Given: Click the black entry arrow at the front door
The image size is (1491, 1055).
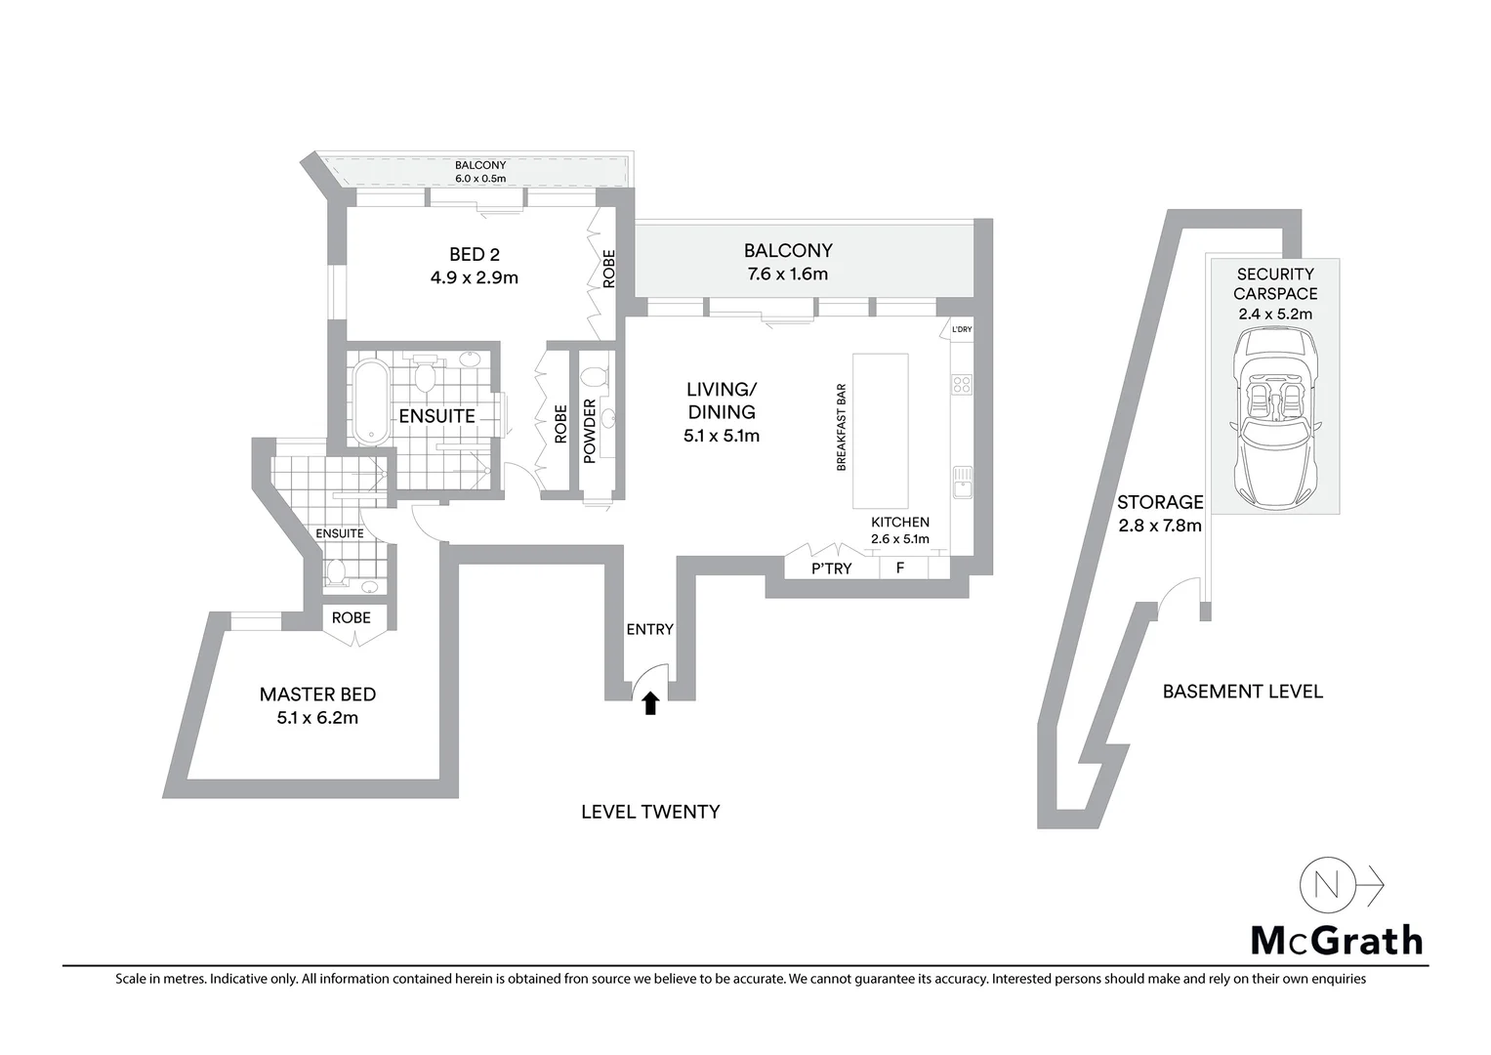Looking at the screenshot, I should [x=650, y=702].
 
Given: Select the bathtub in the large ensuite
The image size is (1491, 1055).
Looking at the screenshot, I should [x=369, y=402].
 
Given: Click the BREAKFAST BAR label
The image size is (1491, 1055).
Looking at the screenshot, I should [x=841, y=428].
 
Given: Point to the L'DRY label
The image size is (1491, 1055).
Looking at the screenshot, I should [x=962, y=330].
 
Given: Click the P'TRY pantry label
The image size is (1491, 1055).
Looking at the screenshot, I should [x=832, y=568].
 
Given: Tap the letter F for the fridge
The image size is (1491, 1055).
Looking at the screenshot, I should [x=900, y=568].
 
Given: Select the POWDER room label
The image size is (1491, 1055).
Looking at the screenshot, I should [x=590, y=431].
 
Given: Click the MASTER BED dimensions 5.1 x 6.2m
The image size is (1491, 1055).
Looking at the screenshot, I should [x=317, y=718].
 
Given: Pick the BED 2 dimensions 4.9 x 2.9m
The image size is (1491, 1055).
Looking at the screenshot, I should [x=475, y=277].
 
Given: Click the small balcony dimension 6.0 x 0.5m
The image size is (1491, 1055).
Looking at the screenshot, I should [x=480, y=179].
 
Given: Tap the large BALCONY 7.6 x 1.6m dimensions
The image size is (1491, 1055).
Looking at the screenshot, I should [x=787, y=274].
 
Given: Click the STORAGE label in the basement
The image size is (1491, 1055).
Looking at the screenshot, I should [x=1160, y=502].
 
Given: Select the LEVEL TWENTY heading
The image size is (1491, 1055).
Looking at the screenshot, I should [x=650, y=812].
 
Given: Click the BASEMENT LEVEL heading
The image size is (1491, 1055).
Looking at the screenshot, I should [x=1242, y=692].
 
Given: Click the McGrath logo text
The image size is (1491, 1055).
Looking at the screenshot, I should [x=1337, y=940].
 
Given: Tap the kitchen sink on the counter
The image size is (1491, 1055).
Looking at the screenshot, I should [x=962, y=482].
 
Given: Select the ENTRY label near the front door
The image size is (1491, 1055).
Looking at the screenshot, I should [x=649, y=629].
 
